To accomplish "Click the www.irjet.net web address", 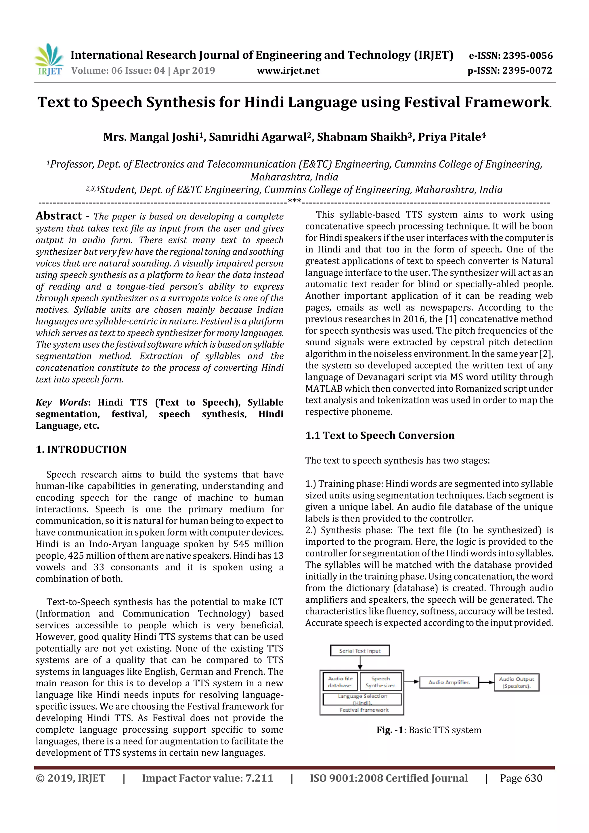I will click(288, 71).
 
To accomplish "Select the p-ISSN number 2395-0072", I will click(527, 71).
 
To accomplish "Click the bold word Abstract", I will click(59, 216).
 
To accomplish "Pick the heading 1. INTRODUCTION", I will click(81, 449).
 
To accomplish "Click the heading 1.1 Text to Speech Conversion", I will click(380, 435).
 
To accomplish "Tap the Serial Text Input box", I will click(360, 650).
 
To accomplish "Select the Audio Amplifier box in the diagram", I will click(449, 682).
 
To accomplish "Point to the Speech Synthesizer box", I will click(380, 682).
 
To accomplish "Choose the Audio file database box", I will click(340, 682).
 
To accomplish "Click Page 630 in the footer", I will click(521, 778).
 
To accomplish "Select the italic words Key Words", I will click(62, 402).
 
